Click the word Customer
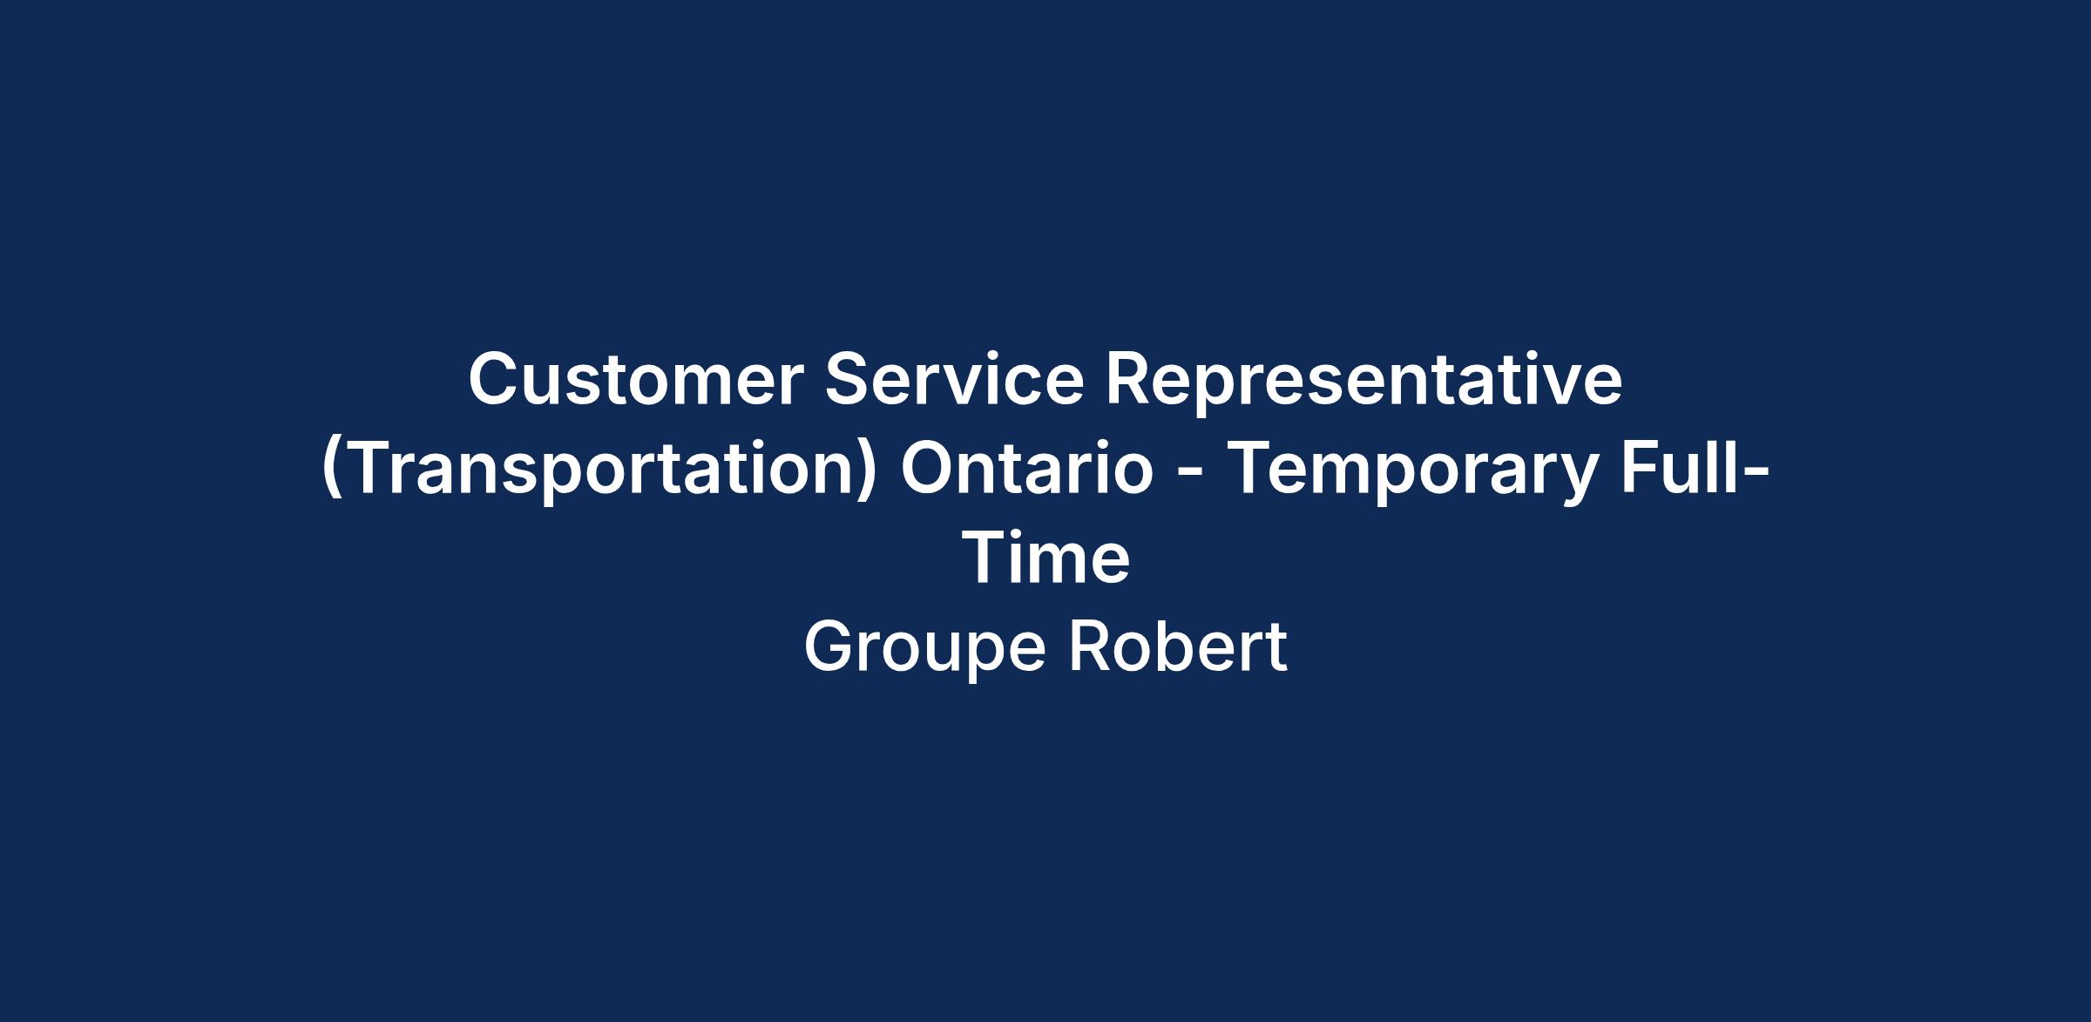[636, 380]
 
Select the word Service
[954, 380]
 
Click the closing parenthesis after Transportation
[868, 472]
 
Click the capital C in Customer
[496, 380]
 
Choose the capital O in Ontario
[929, 469]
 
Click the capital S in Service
[849, 380]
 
